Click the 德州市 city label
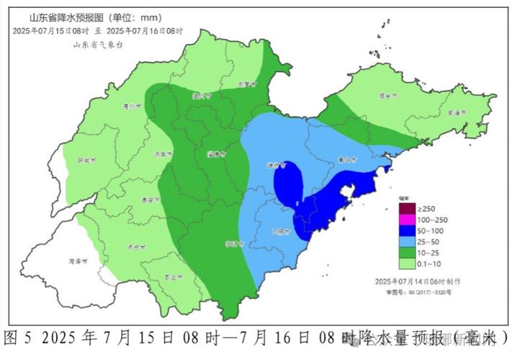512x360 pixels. coord(131,107)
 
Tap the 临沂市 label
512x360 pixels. coord(230,243)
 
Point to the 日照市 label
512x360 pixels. coord(281,232)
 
